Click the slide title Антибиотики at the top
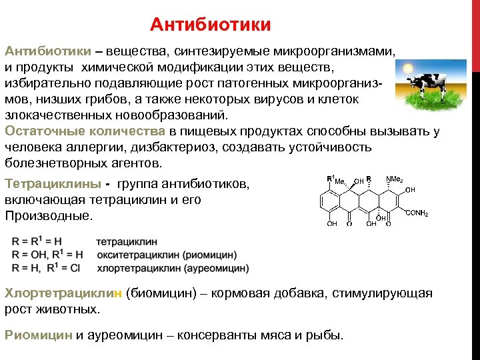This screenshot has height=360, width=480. pos(211,25)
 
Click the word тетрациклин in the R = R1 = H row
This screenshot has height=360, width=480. pos(128,242)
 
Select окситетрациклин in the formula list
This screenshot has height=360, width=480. pos(137,255)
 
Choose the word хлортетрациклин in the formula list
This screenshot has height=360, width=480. pos(137,268)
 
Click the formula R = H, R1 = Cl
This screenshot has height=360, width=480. pos(46,268)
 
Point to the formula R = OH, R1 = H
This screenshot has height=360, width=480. pos(47,255)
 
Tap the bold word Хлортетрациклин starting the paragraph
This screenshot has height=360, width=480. pos(63,293)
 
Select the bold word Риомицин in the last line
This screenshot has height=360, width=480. pos(39,335)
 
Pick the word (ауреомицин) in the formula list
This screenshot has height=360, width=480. pos(216,268)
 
